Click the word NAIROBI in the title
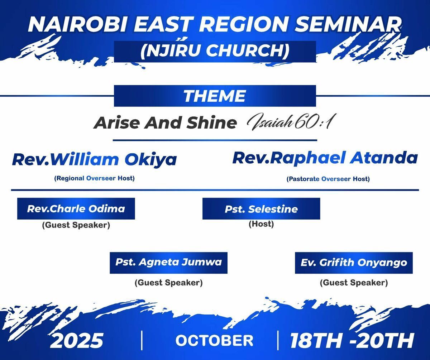coord(77,24)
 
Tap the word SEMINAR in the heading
coord(348,24)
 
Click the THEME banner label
coord(215,96)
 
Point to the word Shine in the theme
coord(212,123)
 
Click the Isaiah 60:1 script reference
coord(290,122)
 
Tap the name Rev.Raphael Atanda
coord(325,158)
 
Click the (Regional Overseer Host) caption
coord(94,178)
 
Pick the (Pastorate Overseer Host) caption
coord(328,179)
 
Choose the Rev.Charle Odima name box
coord(76,209)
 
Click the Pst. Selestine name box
coord(261,209)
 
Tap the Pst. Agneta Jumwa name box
coord(168,263)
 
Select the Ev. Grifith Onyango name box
coord(354,263)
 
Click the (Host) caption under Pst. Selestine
coord(261,224)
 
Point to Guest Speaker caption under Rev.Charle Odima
coord(76,225)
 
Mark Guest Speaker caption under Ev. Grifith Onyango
coord(354,283)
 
